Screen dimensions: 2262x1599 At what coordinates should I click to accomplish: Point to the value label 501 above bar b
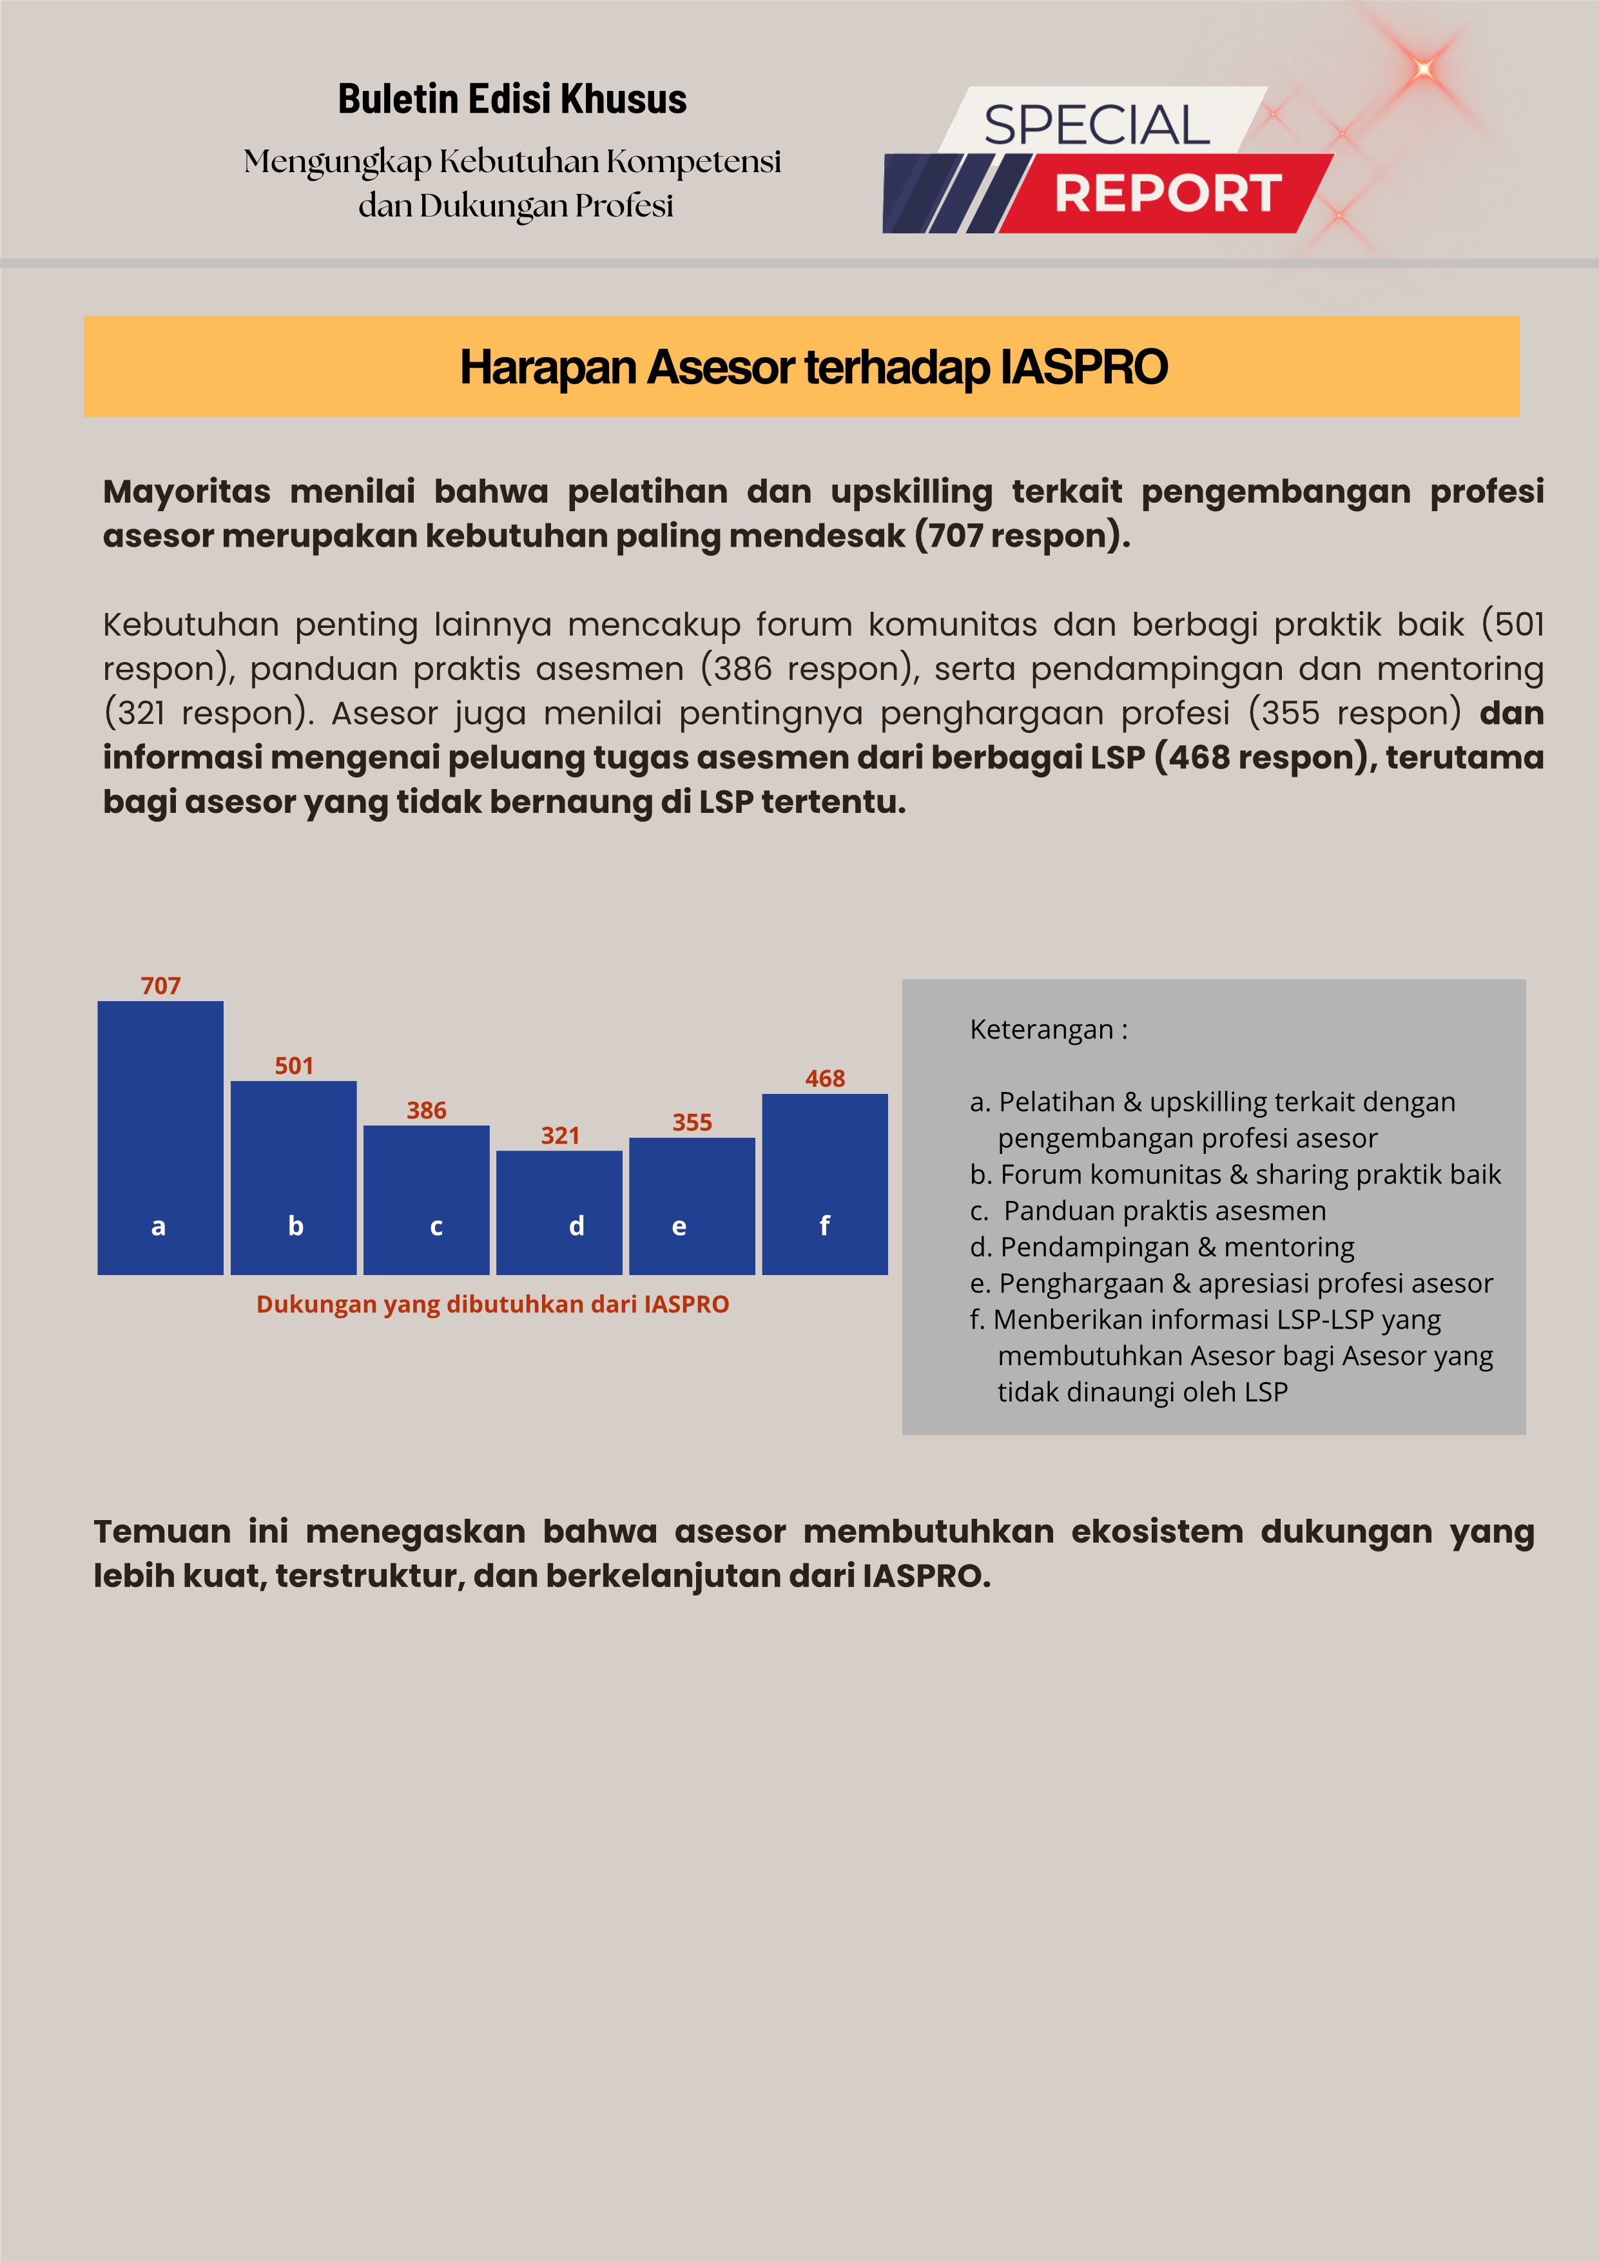[x=294, y=1066]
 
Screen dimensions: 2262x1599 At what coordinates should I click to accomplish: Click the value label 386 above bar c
[x=427, y=1110]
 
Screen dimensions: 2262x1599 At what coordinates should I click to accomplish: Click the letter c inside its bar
[x=436, y=1227]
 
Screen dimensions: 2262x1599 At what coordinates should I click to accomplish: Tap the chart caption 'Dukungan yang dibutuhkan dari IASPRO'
[x=492, y=1304]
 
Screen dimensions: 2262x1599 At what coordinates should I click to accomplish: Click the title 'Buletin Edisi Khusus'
[x=512, y=99]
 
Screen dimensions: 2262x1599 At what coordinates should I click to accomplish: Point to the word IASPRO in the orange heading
[x=1084, y=367]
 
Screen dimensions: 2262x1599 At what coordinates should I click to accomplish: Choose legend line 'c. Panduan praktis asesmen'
[x=1148, y=1211]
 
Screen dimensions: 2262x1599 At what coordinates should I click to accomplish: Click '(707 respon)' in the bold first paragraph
[x=1022, y=536]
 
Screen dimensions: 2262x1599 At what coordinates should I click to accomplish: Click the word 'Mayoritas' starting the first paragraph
[x=186, y=492]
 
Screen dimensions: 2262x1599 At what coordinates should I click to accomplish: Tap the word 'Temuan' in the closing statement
[x=162, y=1532]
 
